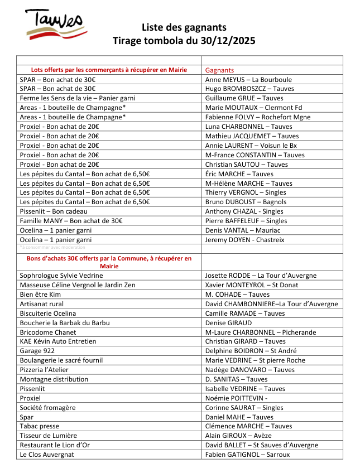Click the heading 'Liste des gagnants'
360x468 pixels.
(x=184, y=27)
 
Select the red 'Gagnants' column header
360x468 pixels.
(x=219, y=70)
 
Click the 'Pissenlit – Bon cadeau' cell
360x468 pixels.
(x=54, y=211)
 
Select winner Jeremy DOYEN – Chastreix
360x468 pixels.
(x=244, y=240)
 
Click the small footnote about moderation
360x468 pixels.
(x=52, y=247)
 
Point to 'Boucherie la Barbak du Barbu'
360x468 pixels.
(x=65, y=322)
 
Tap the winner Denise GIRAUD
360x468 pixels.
(x=228, y=322)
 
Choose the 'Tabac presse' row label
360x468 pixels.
(x=40, y=426)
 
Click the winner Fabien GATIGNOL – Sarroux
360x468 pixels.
(x=247, y=455)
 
